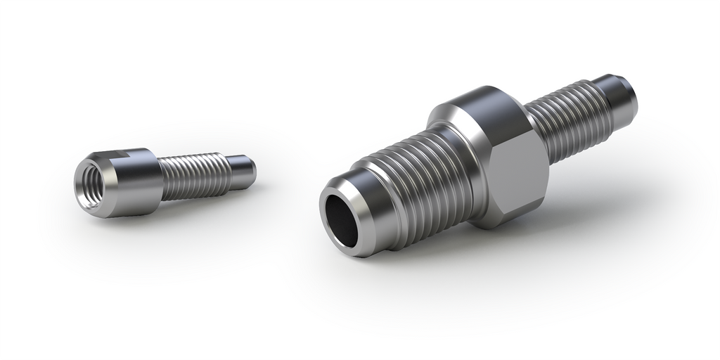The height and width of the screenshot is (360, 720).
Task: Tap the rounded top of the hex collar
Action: point(478,98)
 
